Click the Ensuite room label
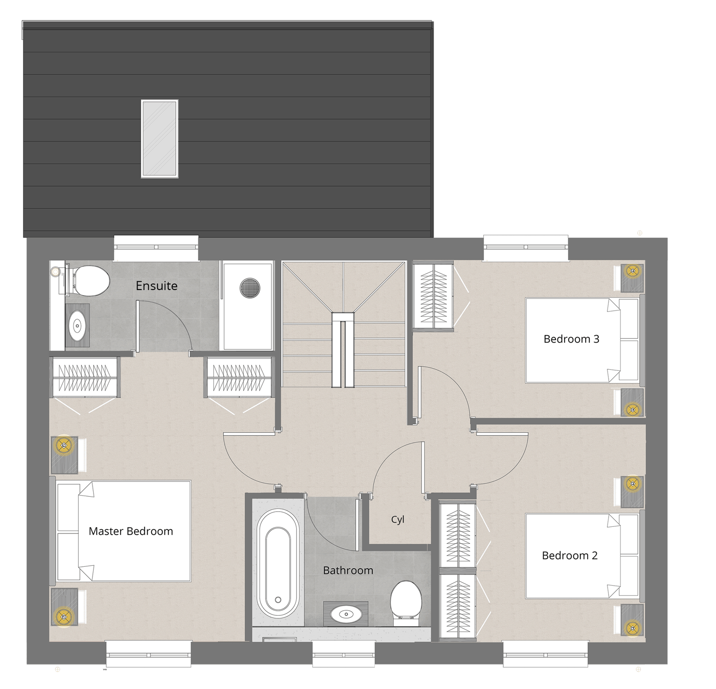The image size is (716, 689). (156, 285)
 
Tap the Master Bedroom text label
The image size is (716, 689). (130, 531)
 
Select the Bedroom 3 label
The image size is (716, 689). (571, 339)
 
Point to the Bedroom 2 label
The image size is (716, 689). (570, 555)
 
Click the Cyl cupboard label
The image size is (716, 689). (398, 520)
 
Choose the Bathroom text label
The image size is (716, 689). (348, 570)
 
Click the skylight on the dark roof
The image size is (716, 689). (160, 139)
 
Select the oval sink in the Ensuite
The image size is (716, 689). (77, 325)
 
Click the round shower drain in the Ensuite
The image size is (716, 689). (250, 288)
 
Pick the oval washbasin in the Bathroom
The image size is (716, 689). (346, 614)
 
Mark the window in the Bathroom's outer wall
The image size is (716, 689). (344, 654)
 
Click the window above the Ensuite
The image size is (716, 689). (156, 249)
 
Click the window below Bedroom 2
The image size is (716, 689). (546, 654)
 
